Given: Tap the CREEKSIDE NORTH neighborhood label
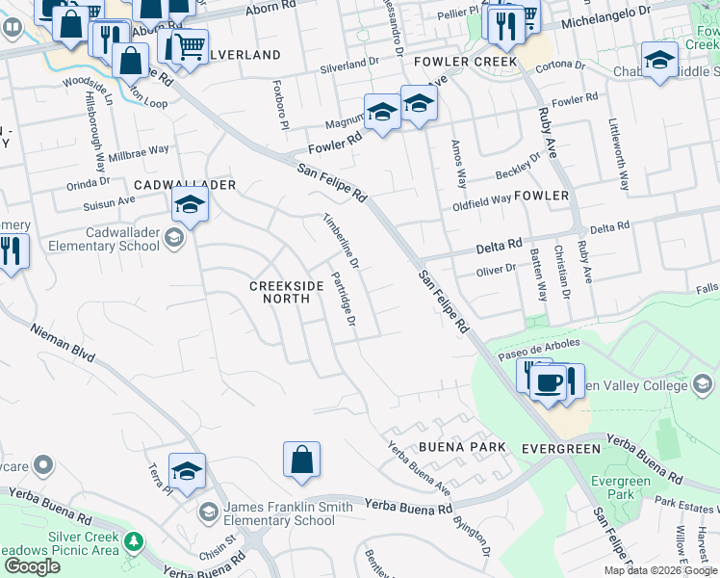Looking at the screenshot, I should [x=279, y=292].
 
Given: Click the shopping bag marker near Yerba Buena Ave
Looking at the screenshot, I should [x=301, y=460].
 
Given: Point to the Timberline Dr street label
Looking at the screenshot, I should [x=341, y=240].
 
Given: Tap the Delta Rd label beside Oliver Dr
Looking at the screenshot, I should [x=499, y=247].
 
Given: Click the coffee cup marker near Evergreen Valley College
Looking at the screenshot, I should [x=549, y=383].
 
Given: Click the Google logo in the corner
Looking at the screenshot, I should [x=32, y=566].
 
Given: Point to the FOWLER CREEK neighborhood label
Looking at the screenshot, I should [x=465, y=62].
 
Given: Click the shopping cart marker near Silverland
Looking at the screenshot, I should [x=190, y=45].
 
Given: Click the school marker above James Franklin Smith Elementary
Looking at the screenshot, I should [x=187, y=470].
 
